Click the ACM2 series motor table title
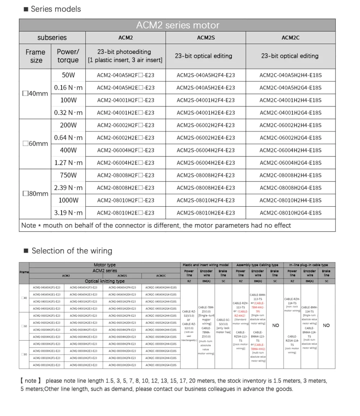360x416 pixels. click(x=177, y=25)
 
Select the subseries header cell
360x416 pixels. click(x=52, y=37)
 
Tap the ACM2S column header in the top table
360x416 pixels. click(x=206, y=37)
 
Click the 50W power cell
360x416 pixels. click(x=68, y=75)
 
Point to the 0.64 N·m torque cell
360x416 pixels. click(x=68, y=138)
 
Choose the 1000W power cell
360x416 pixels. click(x=68, y=200)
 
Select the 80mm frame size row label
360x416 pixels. click(x=35, y=194)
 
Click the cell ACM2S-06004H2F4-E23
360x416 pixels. click(x=206, y=150)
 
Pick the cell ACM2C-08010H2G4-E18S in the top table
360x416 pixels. click(x=291, y=213)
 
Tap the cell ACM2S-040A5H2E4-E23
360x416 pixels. click(x=206, y=88)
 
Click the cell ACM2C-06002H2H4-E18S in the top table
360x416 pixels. click(x=291, y=125)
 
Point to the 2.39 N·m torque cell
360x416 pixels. click(x=68, y=188)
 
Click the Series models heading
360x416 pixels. click(x=55, y=9)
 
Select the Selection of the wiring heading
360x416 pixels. click(x=72, y=251)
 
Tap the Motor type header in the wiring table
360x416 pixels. click(x=105, y=265)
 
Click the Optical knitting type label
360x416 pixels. click(x=105, y=281)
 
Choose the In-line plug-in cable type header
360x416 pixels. click(x=309, y=265)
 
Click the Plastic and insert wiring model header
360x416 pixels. click(x=206, y=265)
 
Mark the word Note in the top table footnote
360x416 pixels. click(x=28, y=225)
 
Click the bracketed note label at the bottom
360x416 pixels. click(x=31, y=381)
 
